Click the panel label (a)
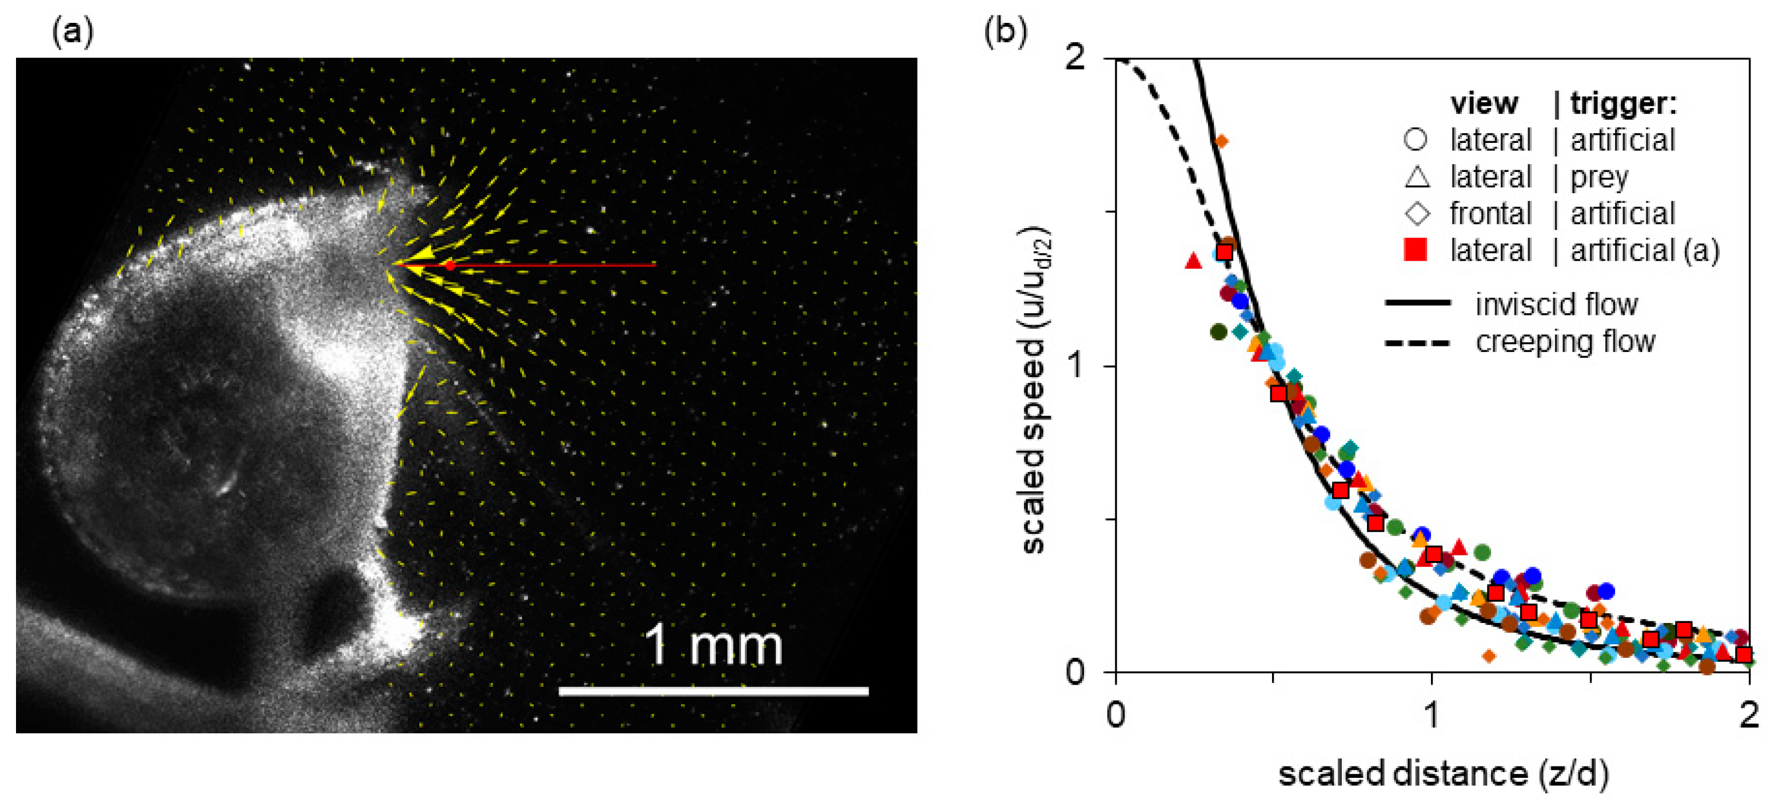[x=72, y=32]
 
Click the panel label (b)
[x=1005, y=32]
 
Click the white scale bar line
[x=713, y=691]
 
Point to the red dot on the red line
[x=450, y=265]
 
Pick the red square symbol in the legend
[x=1416, y=249]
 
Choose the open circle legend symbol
[x=1416, y=139]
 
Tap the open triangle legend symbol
[x=1417, y=177]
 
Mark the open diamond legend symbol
[x=1417, y=213]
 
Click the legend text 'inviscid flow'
[x=1556, y=304]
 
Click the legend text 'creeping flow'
[x=1565, y=341]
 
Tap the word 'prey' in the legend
[x=1599, y=177]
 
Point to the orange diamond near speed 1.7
[x=1221, y=142]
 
